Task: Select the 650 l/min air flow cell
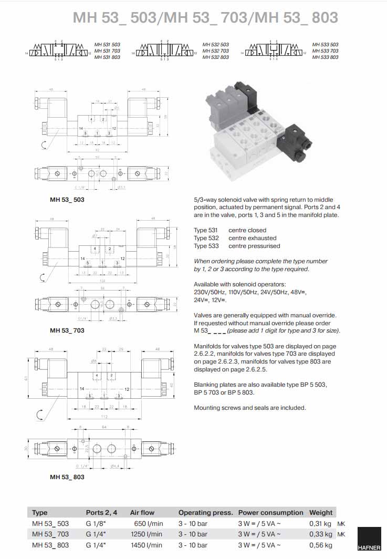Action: [x=149, y=523]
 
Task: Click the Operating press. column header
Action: [x=205, y=512]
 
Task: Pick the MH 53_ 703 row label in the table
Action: [x=50, y=534]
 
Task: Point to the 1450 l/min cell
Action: [x=147, y=545]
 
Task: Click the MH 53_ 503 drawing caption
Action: [x=67, y=200]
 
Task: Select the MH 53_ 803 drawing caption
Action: [x=67, y=477]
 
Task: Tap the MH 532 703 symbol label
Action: [x=216, y=51]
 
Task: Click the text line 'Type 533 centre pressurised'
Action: [x=237, y=246]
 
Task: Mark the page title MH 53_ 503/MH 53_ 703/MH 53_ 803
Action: [x=205, y=17]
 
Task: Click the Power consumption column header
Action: [x=270, y=512]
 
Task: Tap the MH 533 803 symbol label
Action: [x=325, y=57]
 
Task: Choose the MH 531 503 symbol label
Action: [x=107, y=45]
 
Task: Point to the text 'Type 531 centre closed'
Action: [x=230, y=230]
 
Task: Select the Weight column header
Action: [x=321, y=512]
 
